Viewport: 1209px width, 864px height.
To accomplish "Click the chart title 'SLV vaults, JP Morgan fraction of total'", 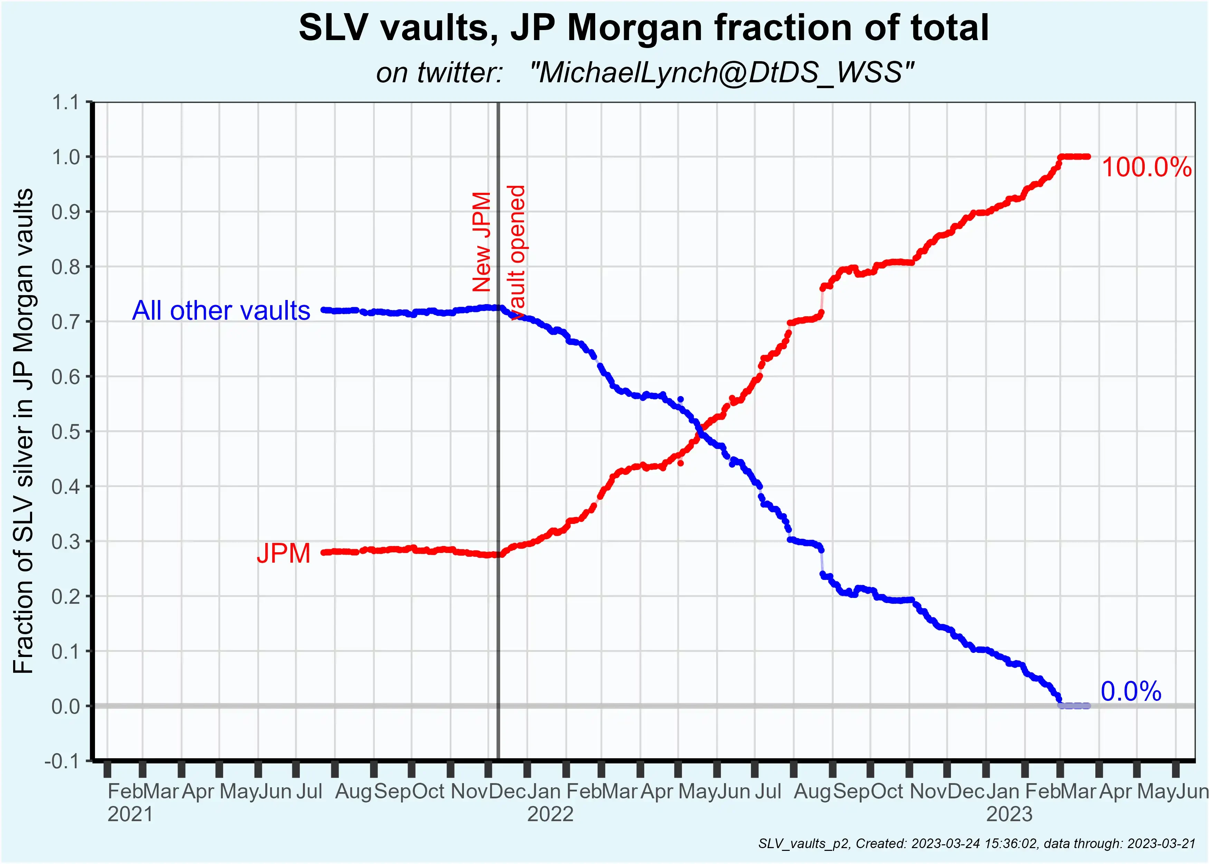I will (643, 28).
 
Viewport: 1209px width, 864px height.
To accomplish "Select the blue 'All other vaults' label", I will (221, 311).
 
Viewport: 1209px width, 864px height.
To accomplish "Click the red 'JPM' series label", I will (283, 553).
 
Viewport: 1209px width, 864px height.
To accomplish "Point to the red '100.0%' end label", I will (1146, 168).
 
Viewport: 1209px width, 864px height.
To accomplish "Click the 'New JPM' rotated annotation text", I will (482, 242).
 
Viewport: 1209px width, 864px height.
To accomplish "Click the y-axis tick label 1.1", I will (65, 102).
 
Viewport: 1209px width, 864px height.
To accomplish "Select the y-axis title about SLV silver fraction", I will (23, 431).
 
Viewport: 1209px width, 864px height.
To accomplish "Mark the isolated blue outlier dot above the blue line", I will (680, 399).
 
